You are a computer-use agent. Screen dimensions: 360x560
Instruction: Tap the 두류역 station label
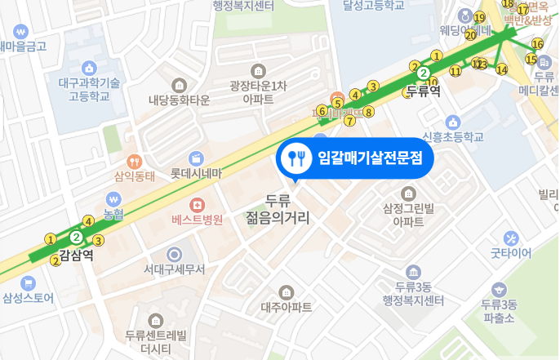click(x=423, y=91)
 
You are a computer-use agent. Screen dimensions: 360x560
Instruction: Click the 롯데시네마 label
click(x=196, y=173)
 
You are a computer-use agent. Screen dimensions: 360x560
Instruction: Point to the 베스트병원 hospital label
click(x=197, y=220)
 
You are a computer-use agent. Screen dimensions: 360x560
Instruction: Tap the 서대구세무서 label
click(x=174, y=269)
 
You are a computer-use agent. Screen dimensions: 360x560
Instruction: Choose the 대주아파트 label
click(x=287, y=307)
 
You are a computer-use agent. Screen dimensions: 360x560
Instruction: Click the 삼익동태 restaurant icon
click(x=135, y=161)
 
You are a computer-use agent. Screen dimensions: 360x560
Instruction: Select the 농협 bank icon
click(x=113, y=198)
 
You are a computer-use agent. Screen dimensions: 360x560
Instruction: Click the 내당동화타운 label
click(x=179, y=100)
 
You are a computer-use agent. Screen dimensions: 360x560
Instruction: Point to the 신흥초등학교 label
click(x=453, y=136)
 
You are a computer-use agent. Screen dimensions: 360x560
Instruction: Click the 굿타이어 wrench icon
click(x=511, y=238)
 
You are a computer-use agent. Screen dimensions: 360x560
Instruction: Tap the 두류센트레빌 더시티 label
click(x=156, y=341)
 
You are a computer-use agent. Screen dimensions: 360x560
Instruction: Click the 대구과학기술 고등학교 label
click(x=90, y=88)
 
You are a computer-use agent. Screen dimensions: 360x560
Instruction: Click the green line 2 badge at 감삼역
click(x=76, y=237)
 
